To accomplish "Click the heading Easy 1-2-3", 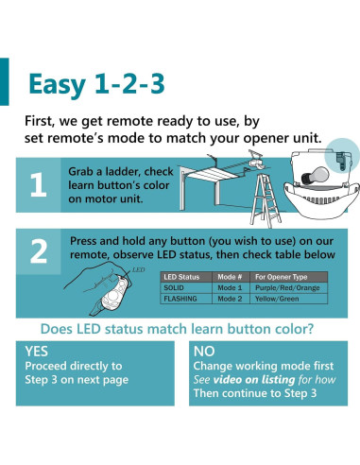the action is coord(96,84).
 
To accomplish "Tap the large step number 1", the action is coord(38,185).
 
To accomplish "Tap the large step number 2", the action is coord(39,251).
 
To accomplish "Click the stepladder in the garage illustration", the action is coord(265,200).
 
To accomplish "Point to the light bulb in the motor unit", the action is coord(315,176).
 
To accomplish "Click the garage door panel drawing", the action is coord(209,178).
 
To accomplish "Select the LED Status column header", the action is coord(181,277).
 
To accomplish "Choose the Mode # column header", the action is coord(230,277).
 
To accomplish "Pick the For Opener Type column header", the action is coord(281,277).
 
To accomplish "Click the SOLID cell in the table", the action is coord(174,287).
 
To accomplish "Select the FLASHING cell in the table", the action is coord(180,299).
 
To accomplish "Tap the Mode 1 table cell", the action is coord(230,287).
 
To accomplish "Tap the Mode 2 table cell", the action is coord(230,299).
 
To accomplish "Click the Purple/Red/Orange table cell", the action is coord(287,287).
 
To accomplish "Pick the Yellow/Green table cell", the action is coord(277,299).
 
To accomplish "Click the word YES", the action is coord(37,352).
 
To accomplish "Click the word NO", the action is coord(204,352).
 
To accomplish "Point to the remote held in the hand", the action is coord(115,290).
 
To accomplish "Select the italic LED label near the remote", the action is coord(138,269).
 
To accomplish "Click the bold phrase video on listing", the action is coord(254,380).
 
